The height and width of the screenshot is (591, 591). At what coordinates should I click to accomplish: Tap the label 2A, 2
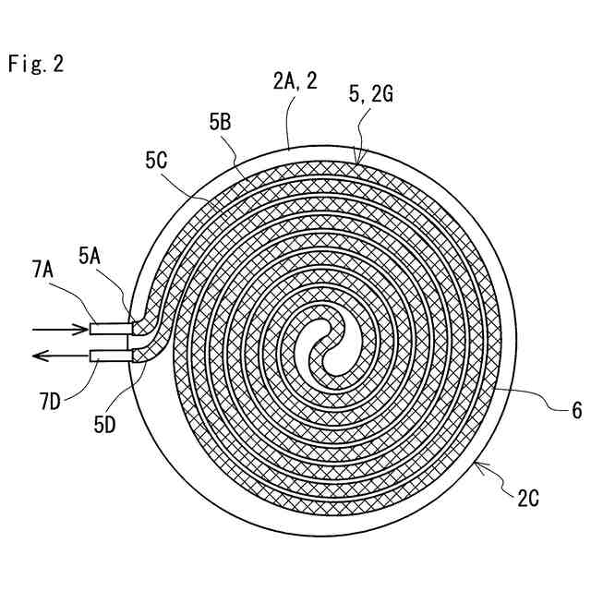coord(295,81)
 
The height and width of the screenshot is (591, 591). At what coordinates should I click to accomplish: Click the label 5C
coord(156,160)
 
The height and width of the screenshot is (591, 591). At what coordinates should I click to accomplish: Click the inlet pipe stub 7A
coord(111,328)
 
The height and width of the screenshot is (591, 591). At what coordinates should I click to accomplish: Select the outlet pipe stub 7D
coord(111,356)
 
